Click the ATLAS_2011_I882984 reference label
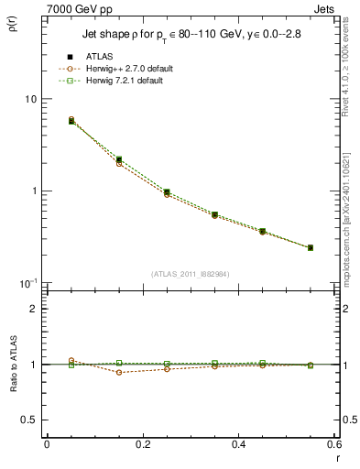point(191,273)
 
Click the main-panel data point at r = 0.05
point(71,120)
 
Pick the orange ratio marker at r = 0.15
point(119,372)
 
